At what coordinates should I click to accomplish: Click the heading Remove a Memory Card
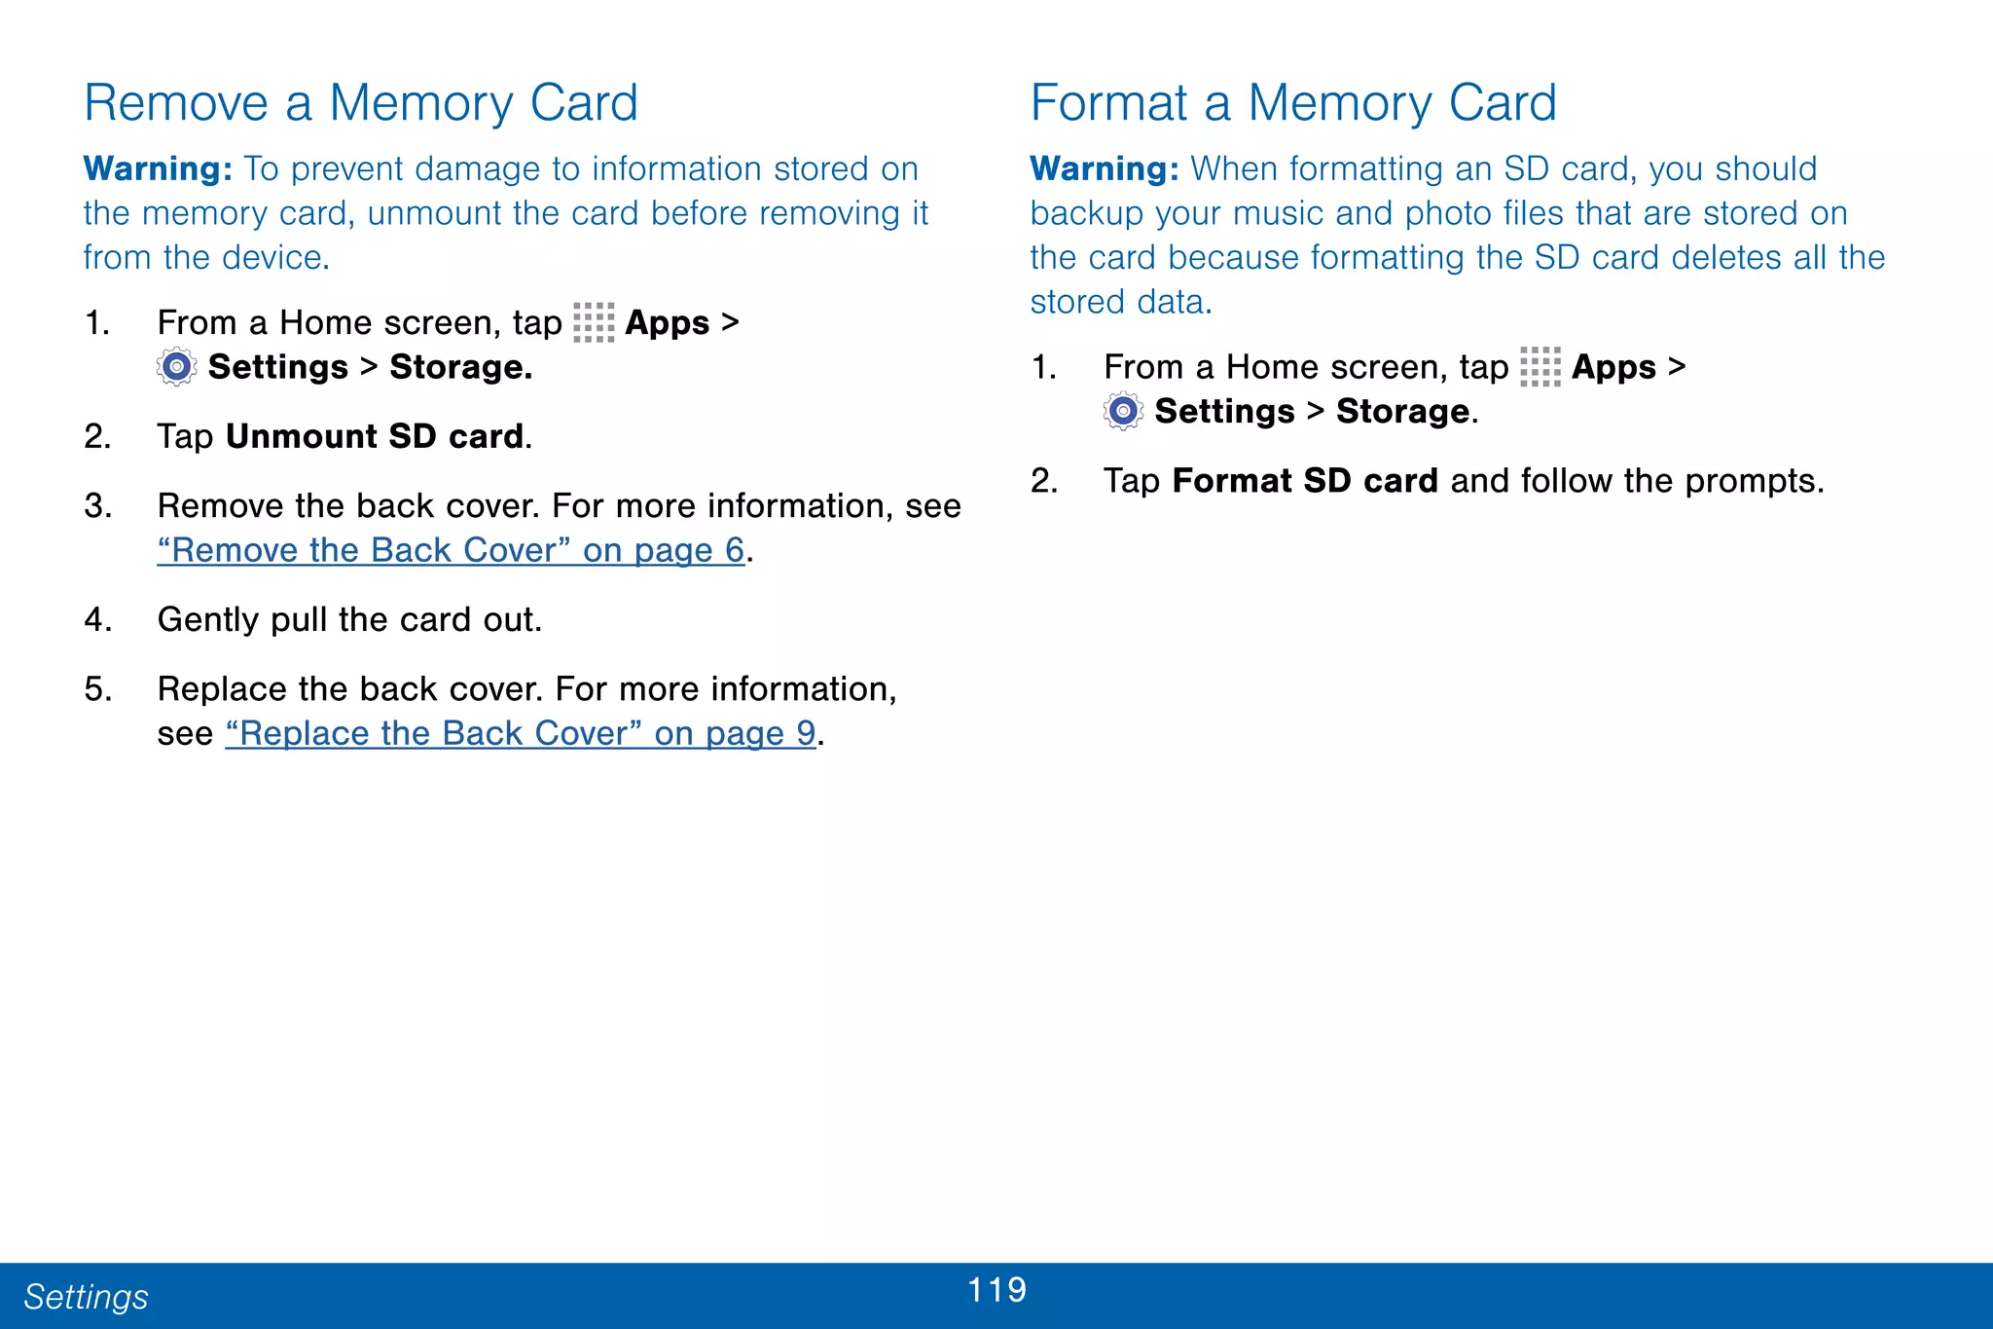[361, 103]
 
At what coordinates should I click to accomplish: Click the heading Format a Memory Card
[1293, 103]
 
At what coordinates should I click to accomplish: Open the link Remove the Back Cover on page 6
[451, 551]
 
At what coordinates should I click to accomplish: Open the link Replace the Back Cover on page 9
[521, 734]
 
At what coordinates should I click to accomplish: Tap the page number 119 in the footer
[996, 1290]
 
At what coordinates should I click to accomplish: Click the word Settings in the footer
[86, 1297]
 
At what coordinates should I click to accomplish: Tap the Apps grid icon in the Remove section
[594, 322]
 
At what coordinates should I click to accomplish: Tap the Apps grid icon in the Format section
[1540, 367]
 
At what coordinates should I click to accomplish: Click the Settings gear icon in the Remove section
[176, 367]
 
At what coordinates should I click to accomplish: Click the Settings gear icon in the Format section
[1123, 411]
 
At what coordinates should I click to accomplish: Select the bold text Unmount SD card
[375, 436]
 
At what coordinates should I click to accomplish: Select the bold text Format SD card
[1305, 481]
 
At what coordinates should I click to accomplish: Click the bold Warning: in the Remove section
[158, 169]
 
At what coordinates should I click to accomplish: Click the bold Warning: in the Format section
[1105, 169]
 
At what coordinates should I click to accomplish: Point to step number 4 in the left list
[95, 620]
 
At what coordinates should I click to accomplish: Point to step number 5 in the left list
[96, 689]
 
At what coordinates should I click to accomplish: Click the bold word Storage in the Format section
[1402, 412]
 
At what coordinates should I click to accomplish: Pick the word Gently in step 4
[208, 620]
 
